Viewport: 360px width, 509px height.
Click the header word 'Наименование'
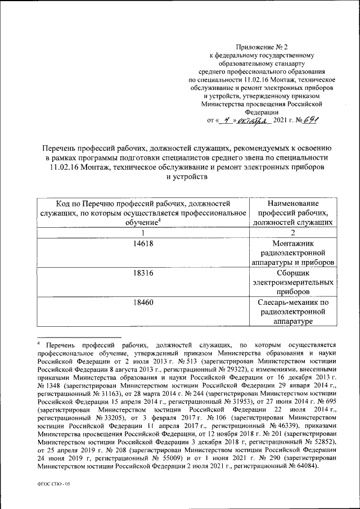coord(293,203)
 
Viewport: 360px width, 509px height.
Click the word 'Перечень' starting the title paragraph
coord(60,147)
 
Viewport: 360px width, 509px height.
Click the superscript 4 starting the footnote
coord(39,343)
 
